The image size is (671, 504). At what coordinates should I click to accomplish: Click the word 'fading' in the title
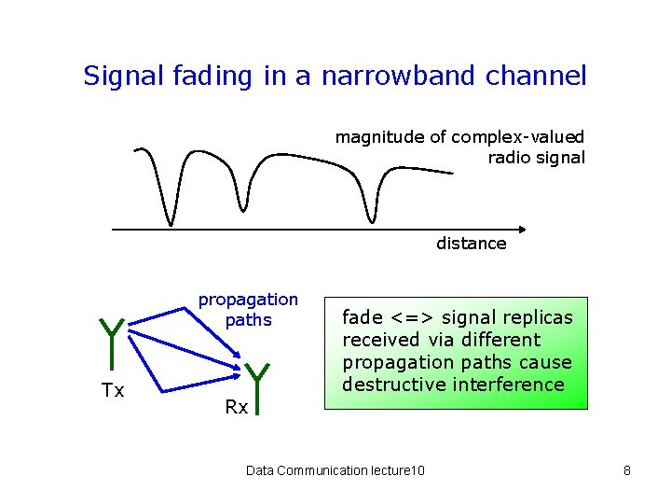pos(212,76)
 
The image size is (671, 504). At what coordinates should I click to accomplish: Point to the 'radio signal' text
pos(537,158)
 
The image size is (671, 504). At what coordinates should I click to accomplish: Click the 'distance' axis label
pos(472,244)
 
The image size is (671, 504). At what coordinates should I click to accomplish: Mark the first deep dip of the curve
pos(171,220)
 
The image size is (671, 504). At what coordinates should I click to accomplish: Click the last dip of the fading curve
pos(372,218)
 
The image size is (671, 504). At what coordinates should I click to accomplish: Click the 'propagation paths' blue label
pos(248,310)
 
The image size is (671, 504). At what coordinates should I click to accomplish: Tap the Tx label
pos(113,391)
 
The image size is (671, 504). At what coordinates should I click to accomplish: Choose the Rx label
pos(236,408)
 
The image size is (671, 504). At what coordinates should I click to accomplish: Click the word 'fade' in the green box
pos(361,317)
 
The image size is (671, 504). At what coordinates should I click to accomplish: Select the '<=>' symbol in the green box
pos(407,317)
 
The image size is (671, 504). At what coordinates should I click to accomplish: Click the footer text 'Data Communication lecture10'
pos(335,470)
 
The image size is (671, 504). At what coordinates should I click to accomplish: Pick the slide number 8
pos(627,470)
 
